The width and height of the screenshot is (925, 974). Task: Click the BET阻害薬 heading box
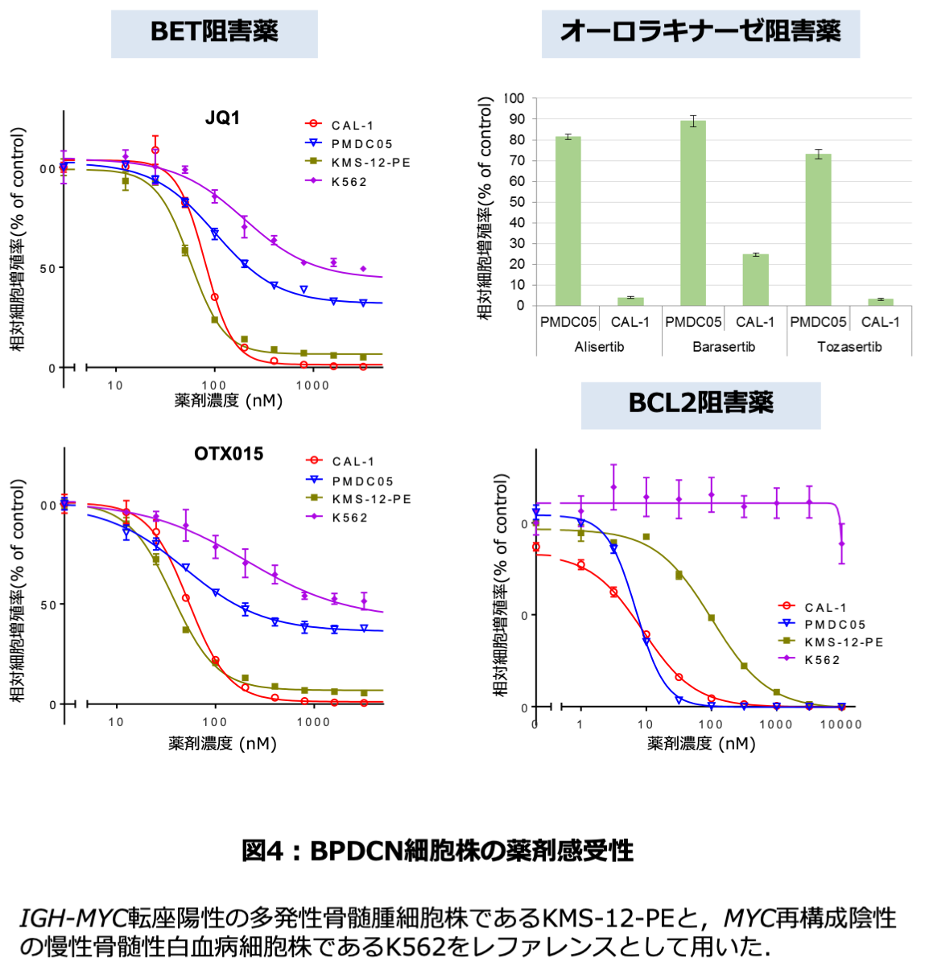click(214, 33)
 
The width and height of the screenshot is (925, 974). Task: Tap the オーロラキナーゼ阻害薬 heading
click(700, 33)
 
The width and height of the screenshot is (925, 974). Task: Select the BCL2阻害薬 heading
click(700, 404)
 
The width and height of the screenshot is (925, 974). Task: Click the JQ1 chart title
click(222, 118)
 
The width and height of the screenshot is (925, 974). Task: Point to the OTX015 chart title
click(229, 454)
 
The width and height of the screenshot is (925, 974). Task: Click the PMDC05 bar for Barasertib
click(692, 213)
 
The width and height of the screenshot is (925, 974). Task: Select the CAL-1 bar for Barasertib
click(755, 280)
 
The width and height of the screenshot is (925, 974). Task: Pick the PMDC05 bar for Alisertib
click(568, 221)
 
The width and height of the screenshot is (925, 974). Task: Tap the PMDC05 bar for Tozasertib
click(818, 230)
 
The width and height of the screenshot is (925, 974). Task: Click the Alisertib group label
click(599, 347)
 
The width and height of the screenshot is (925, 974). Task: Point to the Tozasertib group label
click(849, 347)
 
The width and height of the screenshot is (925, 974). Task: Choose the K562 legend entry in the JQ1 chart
click(349, 182)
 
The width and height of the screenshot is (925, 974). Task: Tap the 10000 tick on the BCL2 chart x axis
click(840, 724)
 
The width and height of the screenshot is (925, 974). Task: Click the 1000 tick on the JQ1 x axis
click(312, 386)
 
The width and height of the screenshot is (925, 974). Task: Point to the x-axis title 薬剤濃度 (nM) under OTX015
click(222, 744)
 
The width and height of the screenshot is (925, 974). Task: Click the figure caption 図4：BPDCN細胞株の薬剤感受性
click(438, 851)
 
